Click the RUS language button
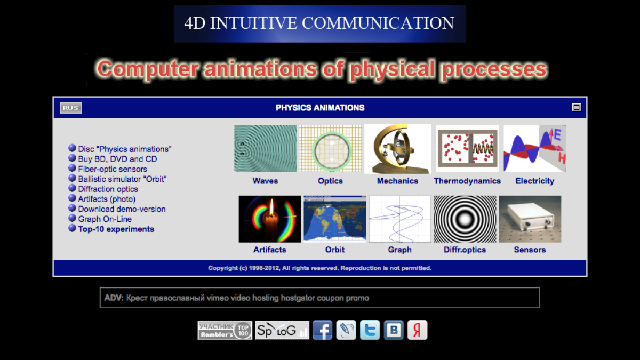pos(70,108)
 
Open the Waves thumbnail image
pos(266,148)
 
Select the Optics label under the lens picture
pos(330,181)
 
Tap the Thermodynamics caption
pos(467,181)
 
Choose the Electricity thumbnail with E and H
pos(534,148)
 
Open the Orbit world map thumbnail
pos(335,219)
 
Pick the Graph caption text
pos(399,250)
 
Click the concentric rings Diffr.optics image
pos(465,219)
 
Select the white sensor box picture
pos(530,219)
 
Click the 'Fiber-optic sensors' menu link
pos(113,169)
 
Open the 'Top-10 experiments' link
pos(116,229)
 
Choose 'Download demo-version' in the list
pos(122,209)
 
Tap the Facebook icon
pos(323,330)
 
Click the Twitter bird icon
pos(370,330)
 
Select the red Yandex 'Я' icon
pos(418,330)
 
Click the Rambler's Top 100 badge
pos(225,330)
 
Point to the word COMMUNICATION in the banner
pos(378,23)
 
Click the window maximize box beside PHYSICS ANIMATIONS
pos(576,107)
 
